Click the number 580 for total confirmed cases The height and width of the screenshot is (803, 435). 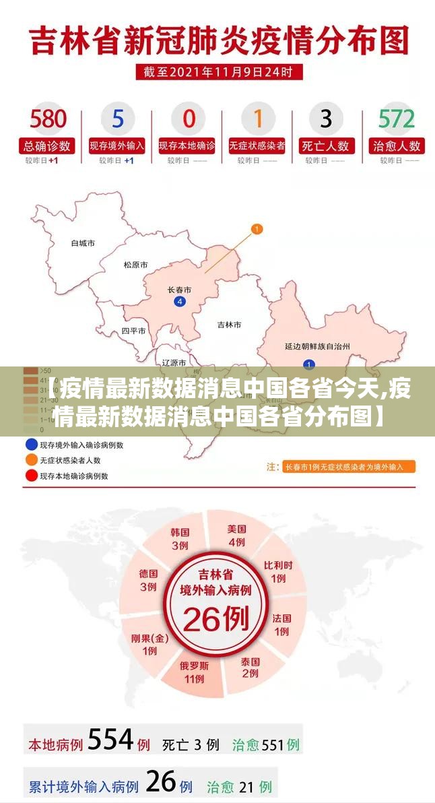(x=48, y=119)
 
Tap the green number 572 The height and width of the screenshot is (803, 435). (x=396, y=119)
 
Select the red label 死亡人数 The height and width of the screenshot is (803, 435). (x=326, y=146)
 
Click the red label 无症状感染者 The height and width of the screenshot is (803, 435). (x=257, y=146)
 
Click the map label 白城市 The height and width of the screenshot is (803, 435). (x=83, y=243)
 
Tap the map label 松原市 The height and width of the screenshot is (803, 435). (x=135, y=265)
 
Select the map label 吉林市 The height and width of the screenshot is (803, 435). (x=229, y=325)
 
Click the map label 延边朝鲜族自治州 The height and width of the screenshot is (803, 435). (x=317, y=346)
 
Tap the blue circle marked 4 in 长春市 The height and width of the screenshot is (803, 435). (x=179, y=301)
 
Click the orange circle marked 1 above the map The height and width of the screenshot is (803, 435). (x=257, y=230)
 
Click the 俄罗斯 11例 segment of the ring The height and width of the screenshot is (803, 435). (x=194, y=672)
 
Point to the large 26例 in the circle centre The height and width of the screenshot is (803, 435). (x=215, y=618)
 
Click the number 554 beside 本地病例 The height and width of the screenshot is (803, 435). (x=110, y=740)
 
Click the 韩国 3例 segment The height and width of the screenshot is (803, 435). (x=180, y=538)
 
